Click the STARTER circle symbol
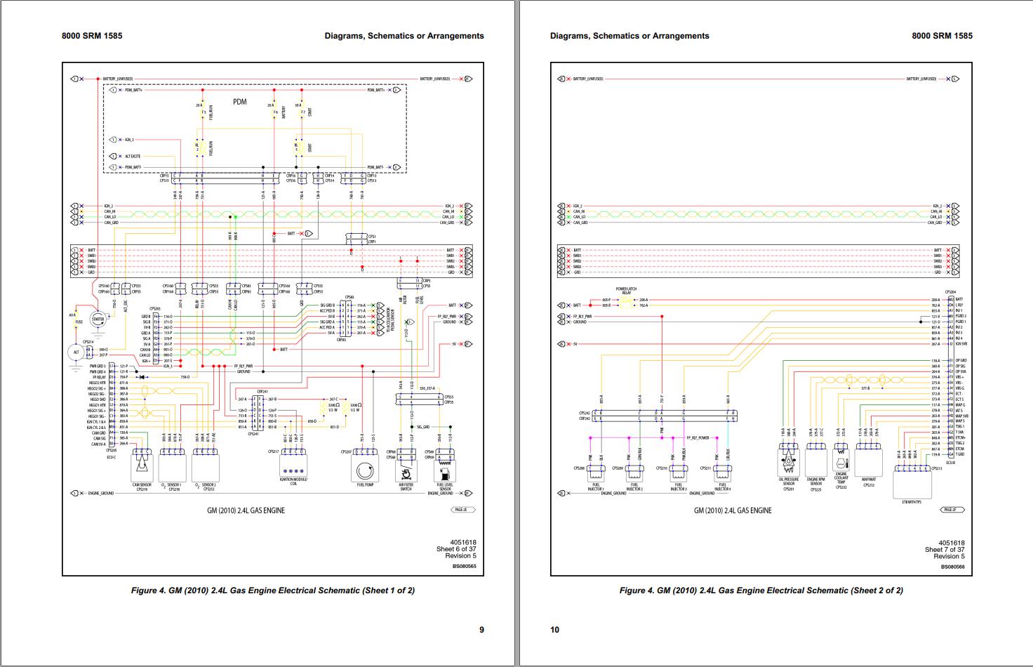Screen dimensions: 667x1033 (98, 319)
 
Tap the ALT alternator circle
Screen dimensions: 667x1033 (76, 351)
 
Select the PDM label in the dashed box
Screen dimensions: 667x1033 (240, 102)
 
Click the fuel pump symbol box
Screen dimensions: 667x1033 (363, 468)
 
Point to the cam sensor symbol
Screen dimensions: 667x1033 (142, 465)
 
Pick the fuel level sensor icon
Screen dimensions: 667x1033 (444, 467)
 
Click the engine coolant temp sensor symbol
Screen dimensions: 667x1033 (841, 461)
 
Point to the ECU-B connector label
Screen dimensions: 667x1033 (950, 462)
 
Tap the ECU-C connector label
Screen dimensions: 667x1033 (112, 456)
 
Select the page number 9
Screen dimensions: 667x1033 (481, 630)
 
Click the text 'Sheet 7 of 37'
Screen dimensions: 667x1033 (945, 549)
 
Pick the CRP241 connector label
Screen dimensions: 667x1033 (262, 392)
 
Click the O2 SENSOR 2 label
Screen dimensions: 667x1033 (208, 485)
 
